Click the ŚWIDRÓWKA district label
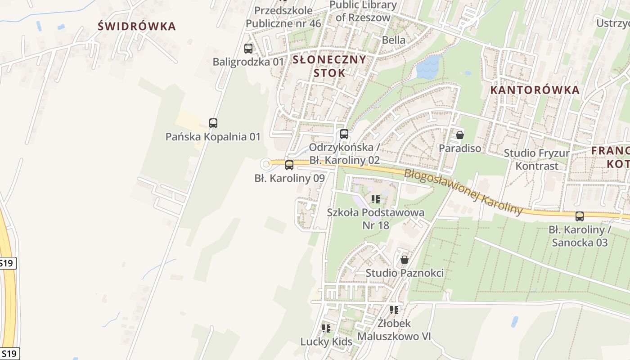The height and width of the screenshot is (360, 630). coord(137,26)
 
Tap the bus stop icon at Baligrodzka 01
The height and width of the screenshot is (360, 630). coord(248,49)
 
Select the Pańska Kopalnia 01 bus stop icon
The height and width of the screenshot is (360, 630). coord(213,123)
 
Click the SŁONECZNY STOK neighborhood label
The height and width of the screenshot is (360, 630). coord(329,66)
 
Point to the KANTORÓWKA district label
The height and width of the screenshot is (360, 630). coord(535,90)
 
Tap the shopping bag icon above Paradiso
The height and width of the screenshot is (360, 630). coord(459,135)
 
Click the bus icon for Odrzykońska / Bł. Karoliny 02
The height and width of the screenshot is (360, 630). coord(344,134)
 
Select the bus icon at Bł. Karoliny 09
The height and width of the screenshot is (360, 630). coord(289,165)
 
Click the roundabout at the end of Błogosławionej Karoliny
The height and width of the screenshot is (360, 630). coord(266,164)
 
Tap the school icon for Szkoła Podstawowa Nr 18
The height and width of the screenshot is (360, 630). coord(376,199)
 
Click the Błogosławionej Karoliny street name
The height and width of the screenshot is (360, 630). coord(463,192)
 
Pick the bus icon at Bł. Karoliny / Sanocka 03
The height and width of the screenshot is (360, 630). coord(580,216)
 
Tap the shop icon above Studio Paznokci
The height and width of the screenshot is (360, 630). coord(405,260)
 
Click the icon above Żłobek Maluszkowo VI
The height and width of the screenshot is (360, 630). coord(394,310)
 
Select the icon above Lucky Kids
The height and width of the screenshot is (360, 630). coord(326,328)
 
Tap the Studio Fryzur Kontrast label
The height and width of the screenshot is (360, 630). coord(536,159)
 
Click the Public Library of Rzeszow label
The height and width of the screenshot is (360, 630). coord(363,11)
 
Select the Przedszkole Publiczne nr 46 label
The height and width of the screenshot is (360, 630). coord(283,17)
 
